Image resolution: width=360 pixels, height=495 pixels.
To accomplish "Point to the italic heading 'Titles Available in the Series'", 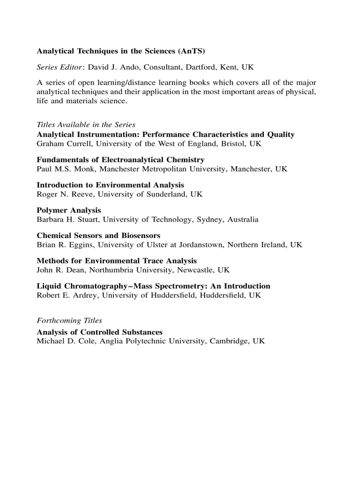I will (86, 125).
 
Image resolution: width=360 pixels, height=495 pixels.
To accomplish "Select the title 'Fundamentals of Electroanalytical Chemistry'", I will (120, 160).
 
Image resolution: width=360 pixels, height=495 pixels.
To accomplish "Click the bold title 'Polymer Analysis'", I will (69, 210).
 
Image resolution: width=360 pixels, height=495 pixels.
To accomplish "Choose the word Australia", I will (243, 220).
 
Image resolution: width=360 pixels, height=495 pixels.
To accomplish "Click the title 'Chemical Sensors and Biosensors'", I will (98, 235).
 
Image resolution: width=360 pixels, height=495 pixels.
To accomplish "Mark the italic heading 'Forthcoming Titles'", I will (69, 320).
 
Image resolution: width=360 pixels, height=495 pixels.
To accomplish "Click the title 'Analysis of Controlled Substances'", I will (100, 332).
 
